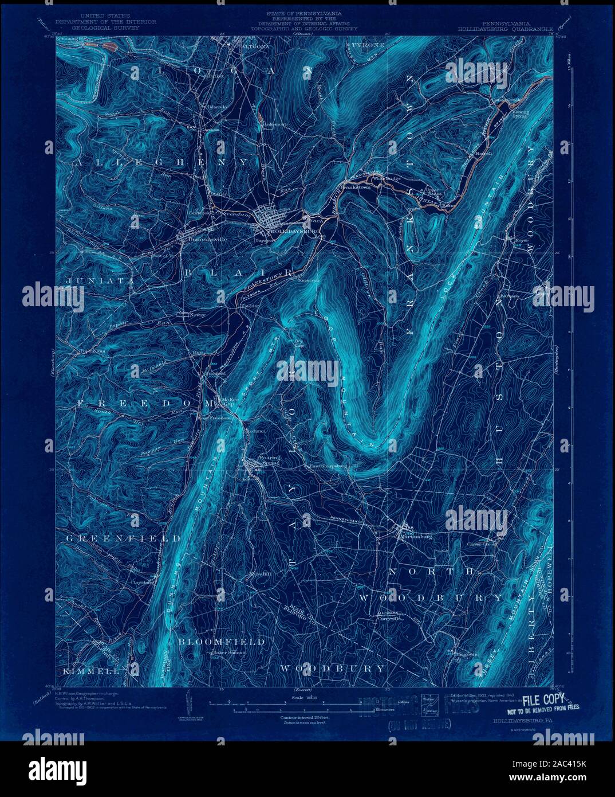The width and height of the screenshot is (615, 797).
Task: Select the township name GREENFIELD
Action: pos(123,539)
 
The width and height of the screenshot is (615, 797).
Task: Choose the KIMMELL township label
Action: pos(87,670)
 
